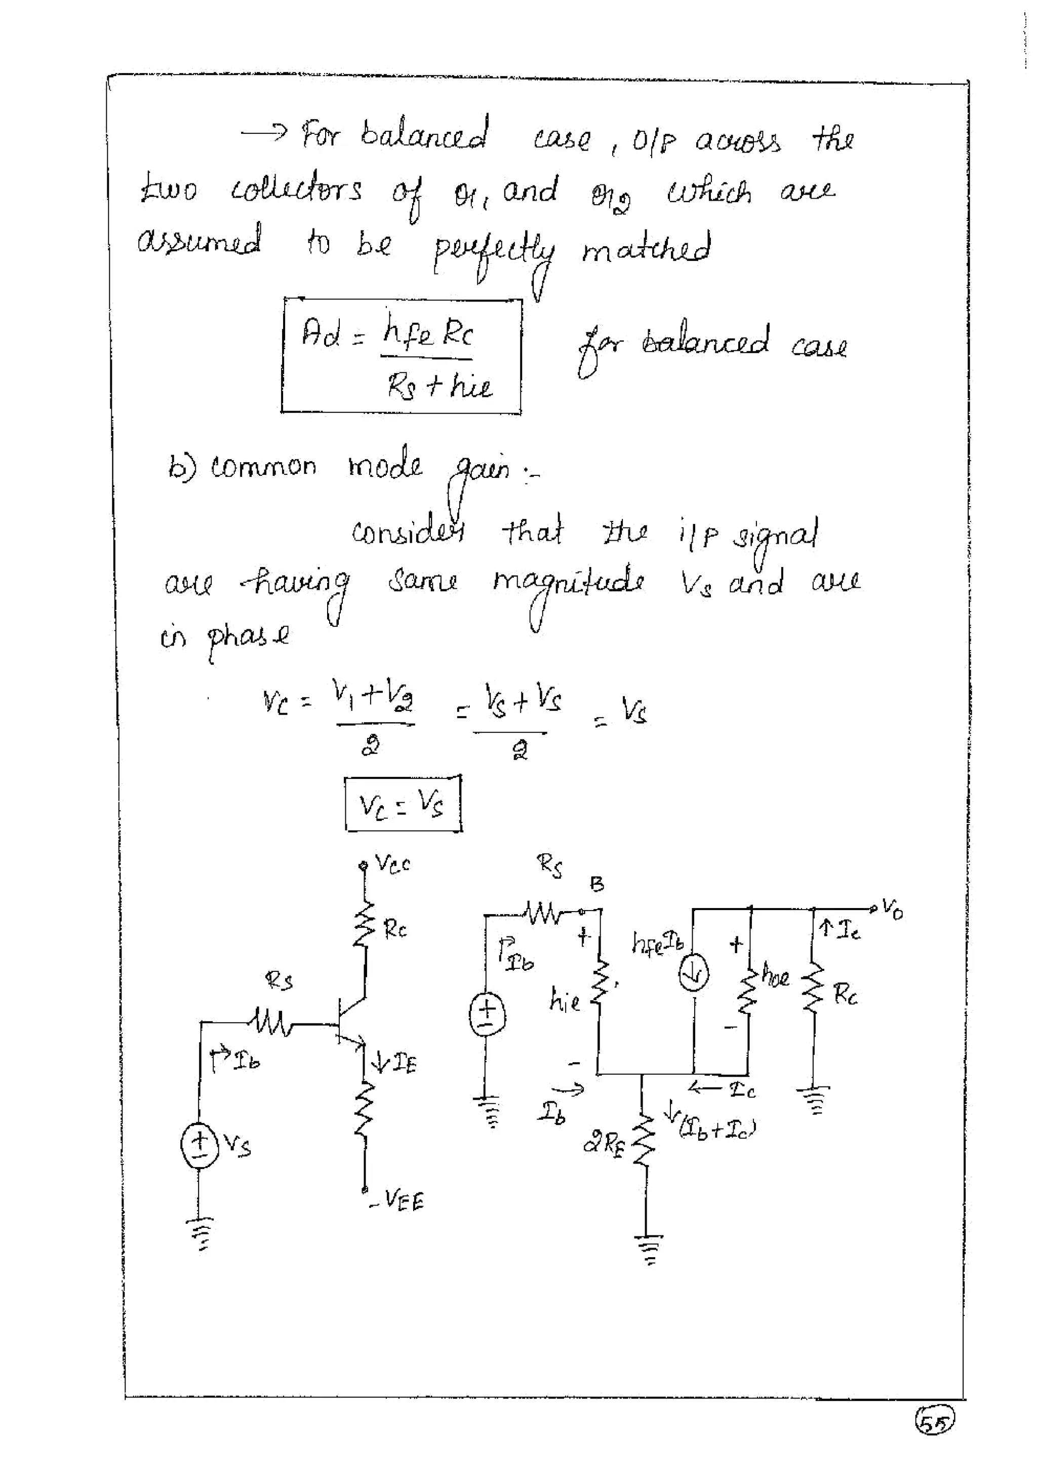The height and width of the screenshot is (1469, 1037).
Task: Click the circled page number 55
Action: (x=935, y=1422)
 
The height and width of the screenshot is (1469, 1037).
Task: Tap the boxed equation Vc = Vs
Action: (x=402, y=804)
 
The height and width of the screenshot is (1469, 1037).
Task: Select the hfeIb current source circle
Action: (x=693, y=974)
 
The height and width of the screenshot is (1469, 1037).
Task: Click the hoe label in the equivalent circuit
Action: (x=776, y=977)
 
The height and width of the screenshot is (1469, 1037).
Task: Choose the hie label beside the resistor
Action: (x=565, y=1000)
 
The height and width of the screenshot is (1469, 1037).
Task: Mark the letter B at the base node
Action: (x=597, y=884)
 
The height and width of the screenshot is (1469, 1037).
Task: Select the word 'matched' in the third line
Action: (x=646, y=249)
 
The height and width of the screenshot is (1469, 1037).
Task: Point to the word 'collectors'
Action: (x=296, y=191)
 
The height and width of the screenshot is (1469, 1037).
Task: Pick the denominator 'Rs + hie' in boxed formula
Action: (x=439, y=386)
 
